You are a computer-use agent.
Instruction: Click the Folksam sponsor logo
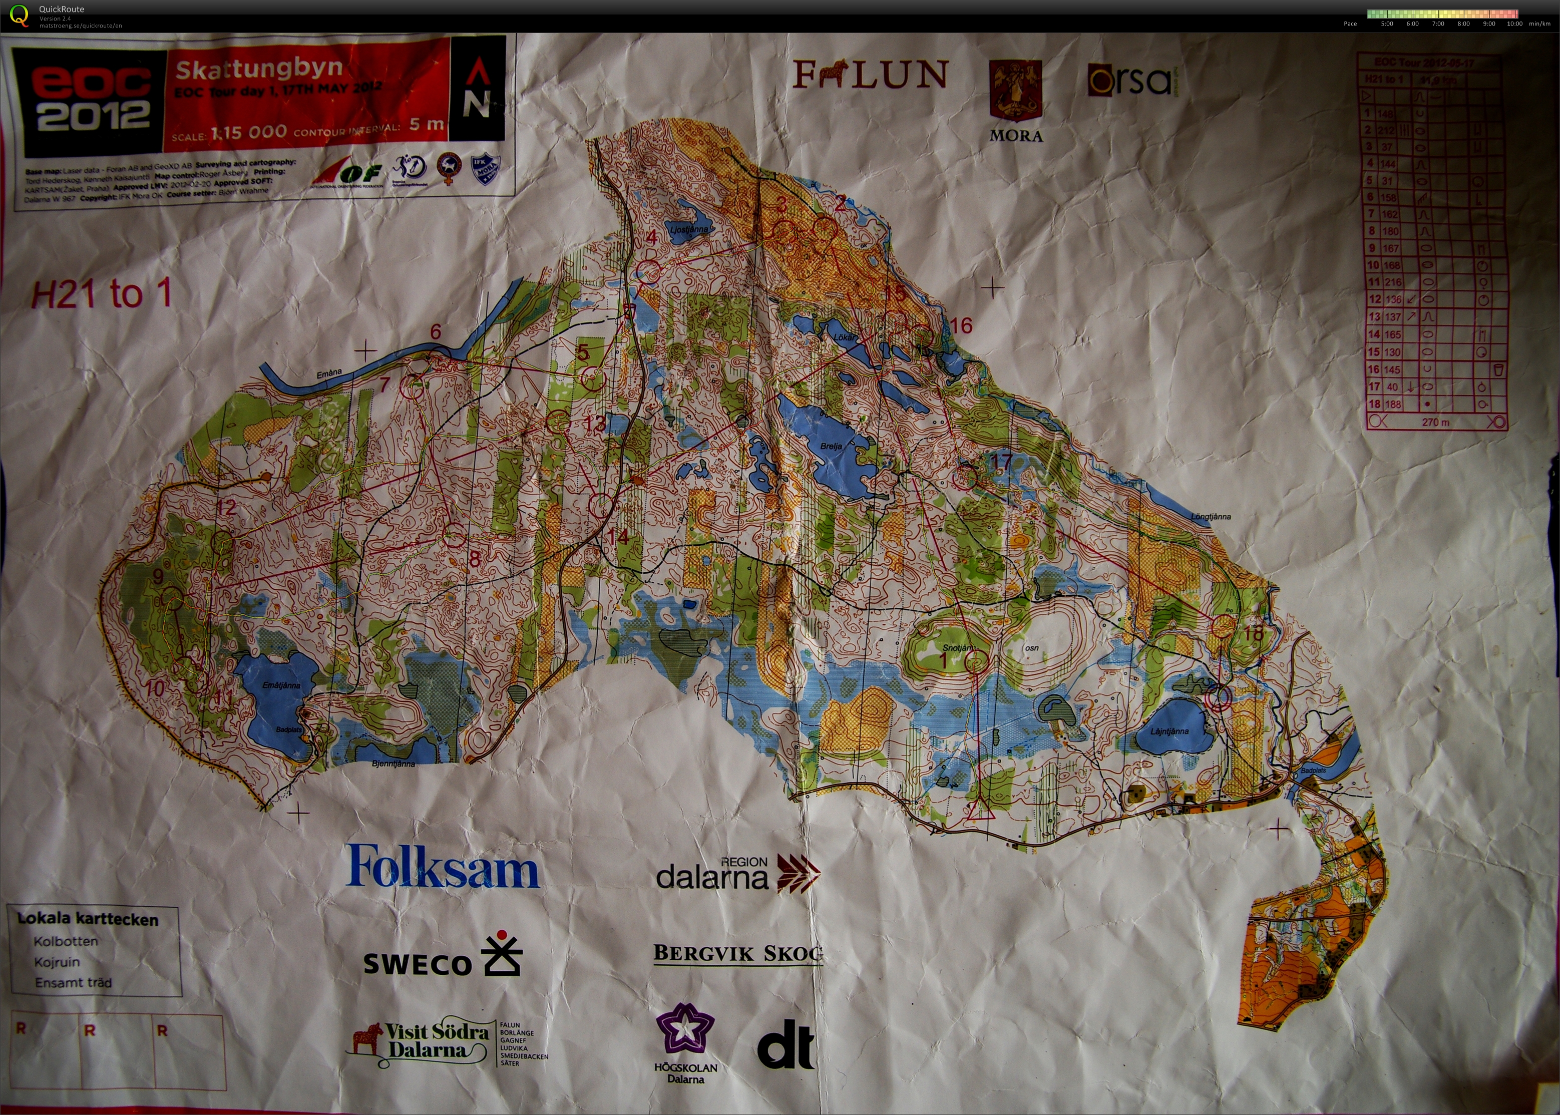click(443, 867)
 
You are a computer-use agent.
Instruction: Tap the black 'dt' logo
click(786, 1044)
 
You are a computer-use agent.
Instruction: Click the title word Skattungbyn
click(259, 69)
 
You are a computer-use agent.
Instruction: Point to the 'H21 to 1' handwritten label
click(102, 294)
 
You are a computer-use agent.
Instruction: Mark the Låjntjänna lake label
click(1169, 731)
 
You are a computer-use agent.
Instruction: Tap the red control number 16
click(962, 325)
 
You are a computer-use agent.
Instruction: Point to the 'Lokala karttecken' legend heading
click(88, 919)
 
